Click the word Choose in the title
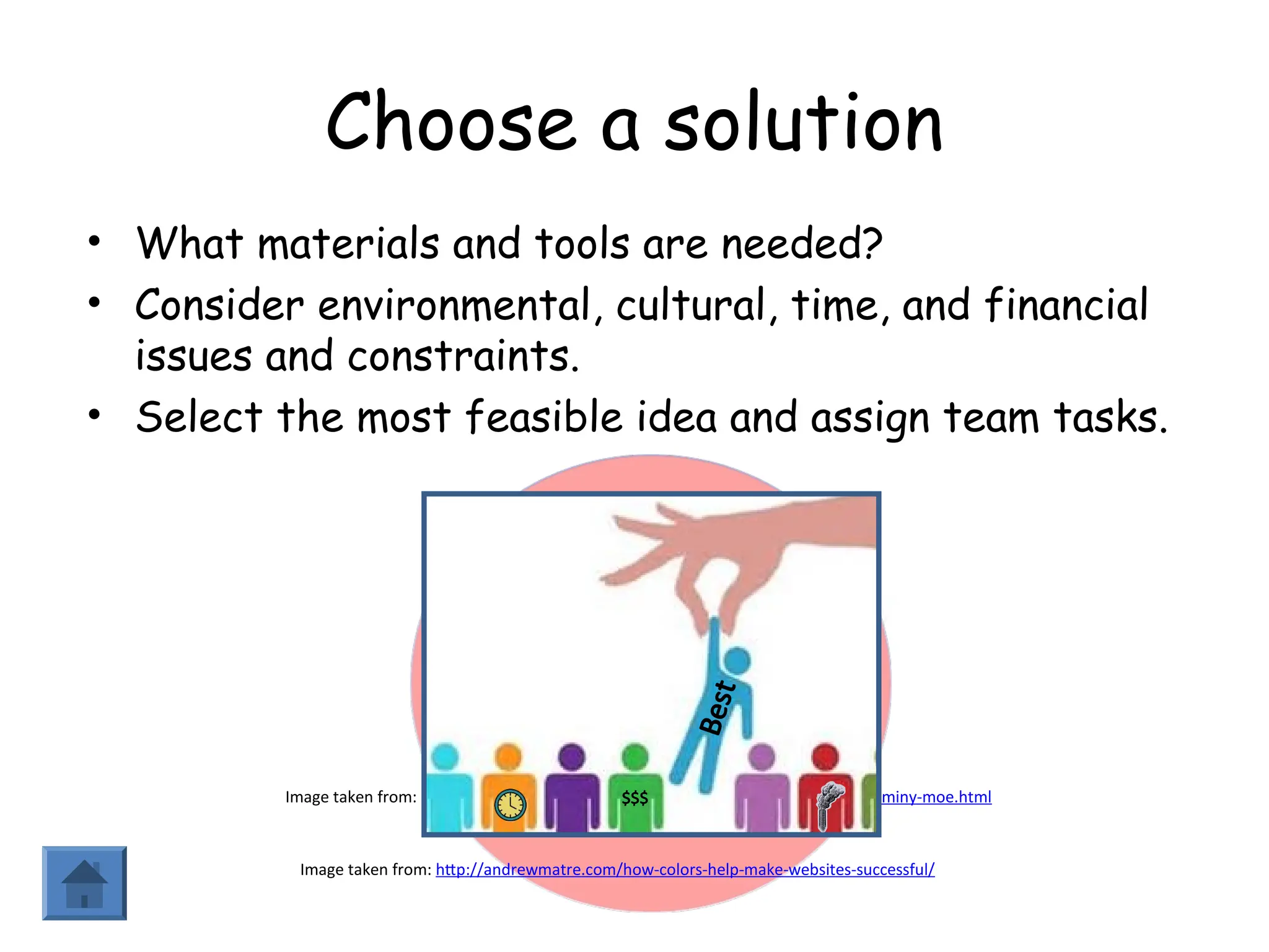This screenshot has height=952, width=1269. pyautogui.click(x=450, y=121)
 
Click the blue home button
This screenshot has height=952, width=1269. pyautogui.click(x=84, y=883)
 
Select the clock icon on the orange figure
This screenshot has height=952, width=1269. pyautogui.click(x=510, y=804)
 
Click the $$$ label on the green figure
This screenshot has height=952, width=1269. pyautogui.click(x=634, y=797)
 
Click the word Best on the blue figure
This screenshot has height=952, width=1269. pyautogui.click(x=717, y=708)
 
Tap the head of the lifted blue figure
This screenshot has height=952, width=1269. pyautogui.click(x=737, y=659)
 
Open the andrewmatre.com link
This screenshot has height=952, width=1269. pyautogui.click(x=685, y=870)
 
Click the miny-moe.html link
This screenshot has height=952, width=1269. pyautogui.click(x=936, y=797)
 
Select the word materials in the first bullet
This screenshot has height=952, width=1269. pyautogui.click(x=348, y=243)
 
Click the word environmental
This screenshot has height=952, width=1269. pyautogui.click(x=455, y=305)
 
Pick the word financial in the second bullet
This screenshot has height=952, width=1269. pyautogui.click(x=1066, y=305)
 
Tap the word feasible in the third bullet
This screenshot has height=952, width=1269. pyautogui.click(x=543, y=416)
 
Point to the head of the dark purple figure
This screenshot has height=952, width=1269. pyautogui.click(x=571, y=757)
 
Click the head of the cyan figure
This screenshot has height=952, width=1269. pyautogui.click(x=445, y=757)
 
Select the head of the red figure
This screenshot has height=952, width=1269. pyautogui.click(x=825, y=757)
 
